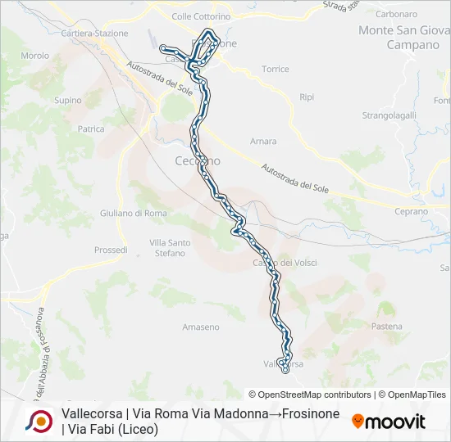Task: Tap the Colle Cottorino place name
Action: [x=200, y=16]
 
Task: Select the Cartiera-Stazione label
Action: [x=94, y=34]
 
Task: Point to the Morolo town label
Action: [x=35, y=56]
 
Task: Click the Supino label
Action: [x=67, y=101]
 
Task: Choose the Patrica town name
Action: [x=90, y=129]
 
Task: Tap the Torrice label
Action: [x=275, y=70]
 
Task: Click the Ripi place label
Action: [x=307, y=97]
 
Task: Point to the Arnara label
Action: [x=263, y=142]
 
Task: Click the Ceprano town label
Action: [x=411, y=211]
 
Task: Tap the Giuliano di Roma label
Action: [x=133, y=214]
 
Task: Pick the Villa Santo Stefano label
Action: [x=170, y=248]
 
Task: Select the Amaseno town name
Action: [x=201, y=327]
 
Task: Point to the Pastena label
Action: [x=386, y=327]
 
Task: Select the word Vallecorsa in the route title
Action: [x=93, y=414]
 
